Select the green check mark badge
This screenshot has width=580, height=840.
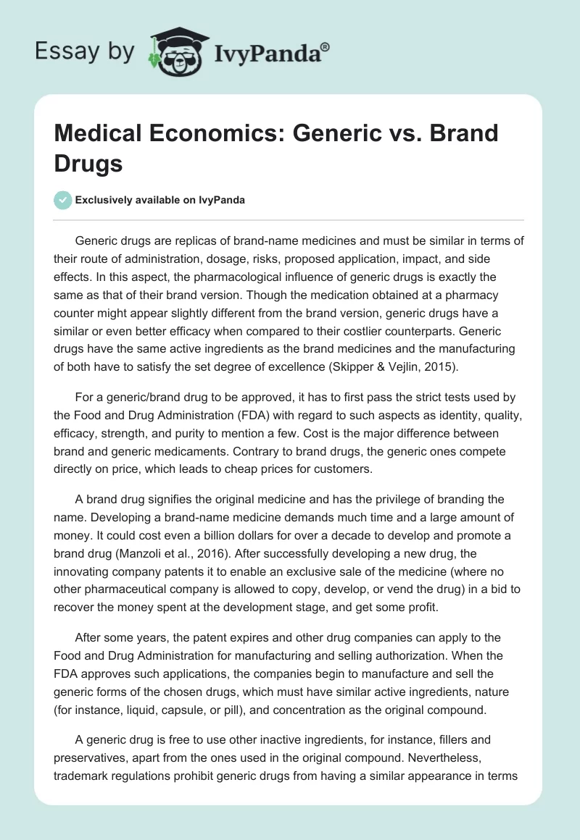pyautogui.click(x=63, y=200)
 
